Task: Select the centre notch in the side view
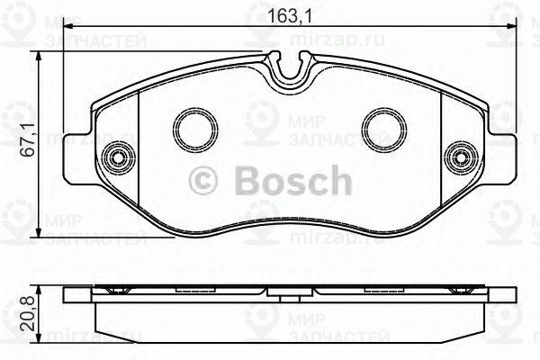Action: [x=287, y=292]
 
